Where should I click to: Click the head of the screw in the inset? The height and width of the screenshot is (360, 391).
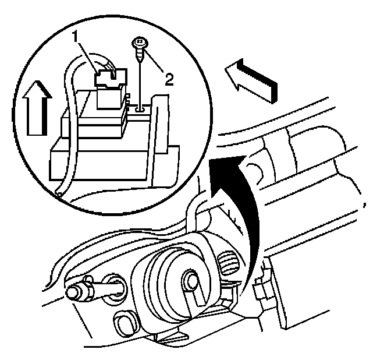click(x=140, y=43)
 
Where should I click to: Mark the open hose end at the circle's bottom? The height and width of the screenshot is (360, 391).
click(x=58, y=192)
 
